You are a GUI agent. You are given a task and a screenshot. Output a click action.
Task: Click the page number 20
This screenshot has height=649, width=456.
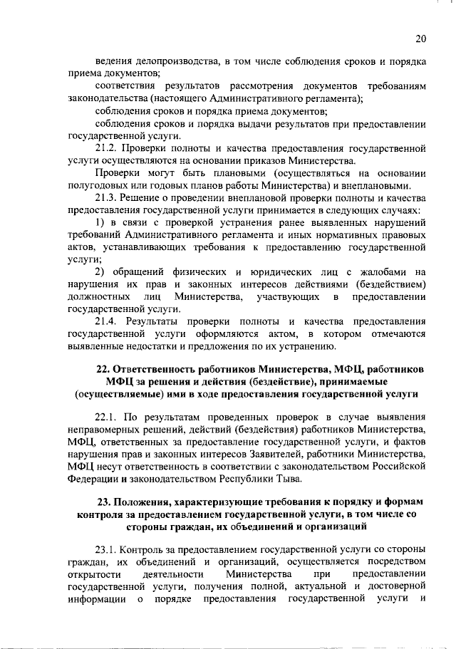pyautogui.click(x=420, y=38)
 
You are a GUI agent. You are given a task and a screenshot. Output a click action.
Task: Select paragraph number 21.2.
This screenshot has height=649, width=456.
pyautogui.click(x=107, y=150)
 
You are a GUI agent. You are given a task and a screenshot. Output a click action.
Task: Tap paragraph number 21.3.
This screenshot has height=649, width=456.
pyautogui.click(x=107, y=199)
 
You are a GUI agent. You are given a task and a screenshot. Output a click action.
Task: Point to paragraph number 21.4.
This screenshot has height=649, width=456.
pyautogui.click(x=107, y=322)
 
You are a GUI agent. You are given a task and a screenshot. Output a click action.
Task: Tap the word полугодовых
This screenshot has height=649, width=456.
pyautogui.click(x=100, y=187)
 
